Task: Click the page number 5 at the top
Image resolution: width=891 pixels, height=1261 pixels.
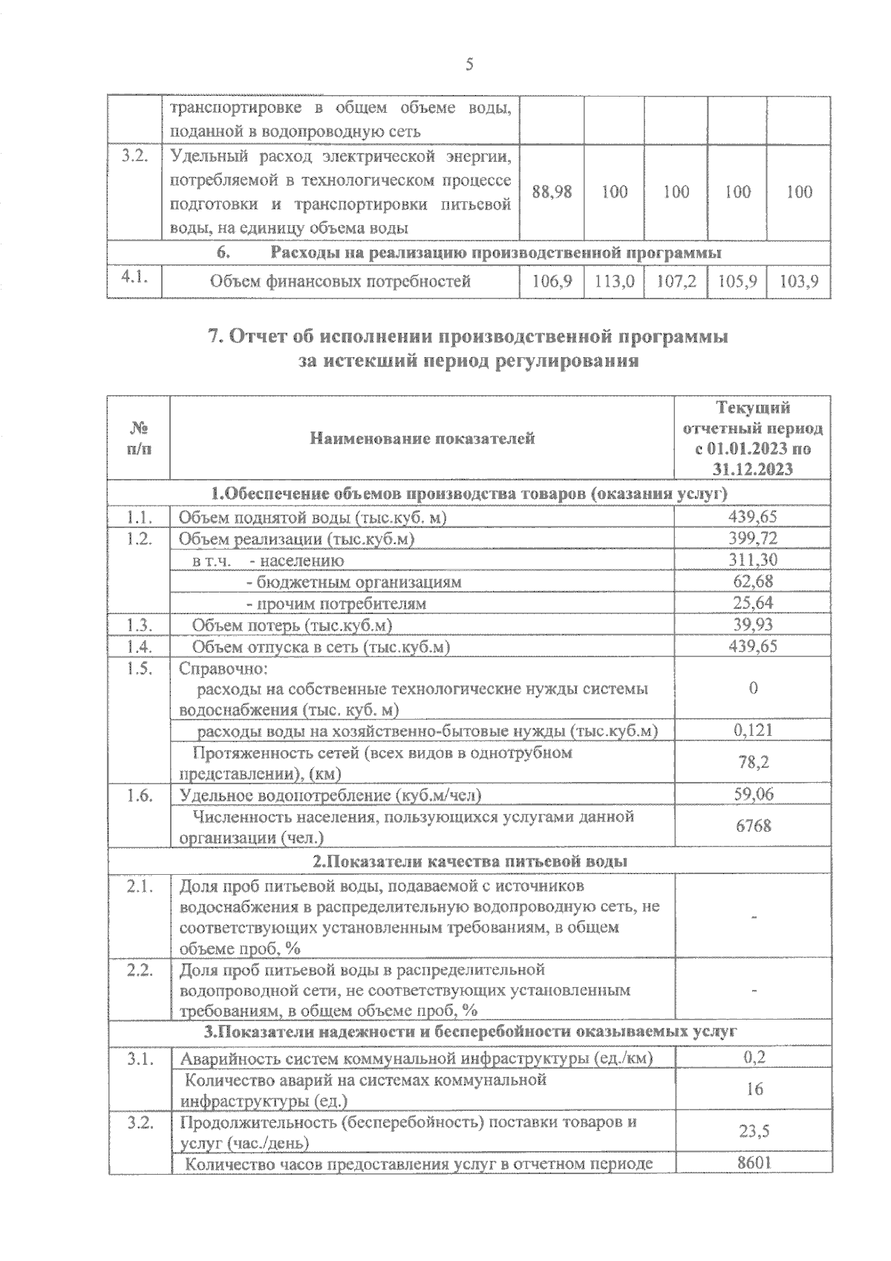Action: (x=469, y=65)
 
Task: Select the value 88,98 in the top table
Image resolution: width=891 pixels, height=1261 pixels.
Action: (x=552, y=192)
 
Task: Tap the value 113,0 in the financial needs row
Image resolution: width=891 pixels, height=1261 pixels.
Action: (x=614, y=282)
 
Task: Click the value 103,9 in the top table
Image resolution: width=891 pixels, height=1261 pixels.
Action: (x=799, y=282)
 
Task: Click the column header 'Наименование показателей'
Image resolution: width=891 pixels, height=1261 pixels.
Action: (x=422, y=438)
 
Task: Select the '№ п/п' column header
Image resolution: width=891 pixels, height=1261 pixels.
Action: (x=139, y=439)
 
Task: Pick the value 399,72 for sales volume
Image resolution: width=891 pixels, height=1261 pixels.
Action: (x=753, y=538)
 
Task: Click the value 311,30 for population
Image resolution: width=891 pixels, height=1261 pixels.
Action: (x=753, y=560)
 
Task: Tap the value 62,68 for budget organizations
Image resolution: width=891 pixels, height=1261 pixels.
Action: (x=753, y=581)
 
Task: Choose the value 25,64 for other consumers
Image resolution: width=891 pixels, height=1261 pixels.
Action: (x=753, y=603)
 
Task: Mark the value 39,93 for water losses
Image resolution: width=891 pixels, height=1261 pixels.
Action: (x=753, y=625)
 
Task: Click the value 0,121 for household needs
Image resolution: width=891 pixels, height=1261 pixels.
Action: (x=753, y=730)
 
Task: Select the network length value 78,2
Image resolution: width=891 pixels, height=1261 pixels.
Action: (x=753, y=762)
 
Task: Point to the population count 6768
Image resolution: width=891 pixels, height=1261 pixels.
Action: (x=753, y=826)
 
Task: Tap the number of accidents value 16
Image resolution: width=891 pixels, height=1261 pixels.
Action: (x=754, y=1089)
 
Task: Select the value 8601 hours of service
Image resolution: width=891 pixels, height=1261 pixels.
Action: (x=754, y=1163)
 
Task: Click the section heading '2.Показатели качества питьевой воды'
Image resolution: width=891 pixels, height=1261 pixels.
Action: (x=469, y=861)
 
